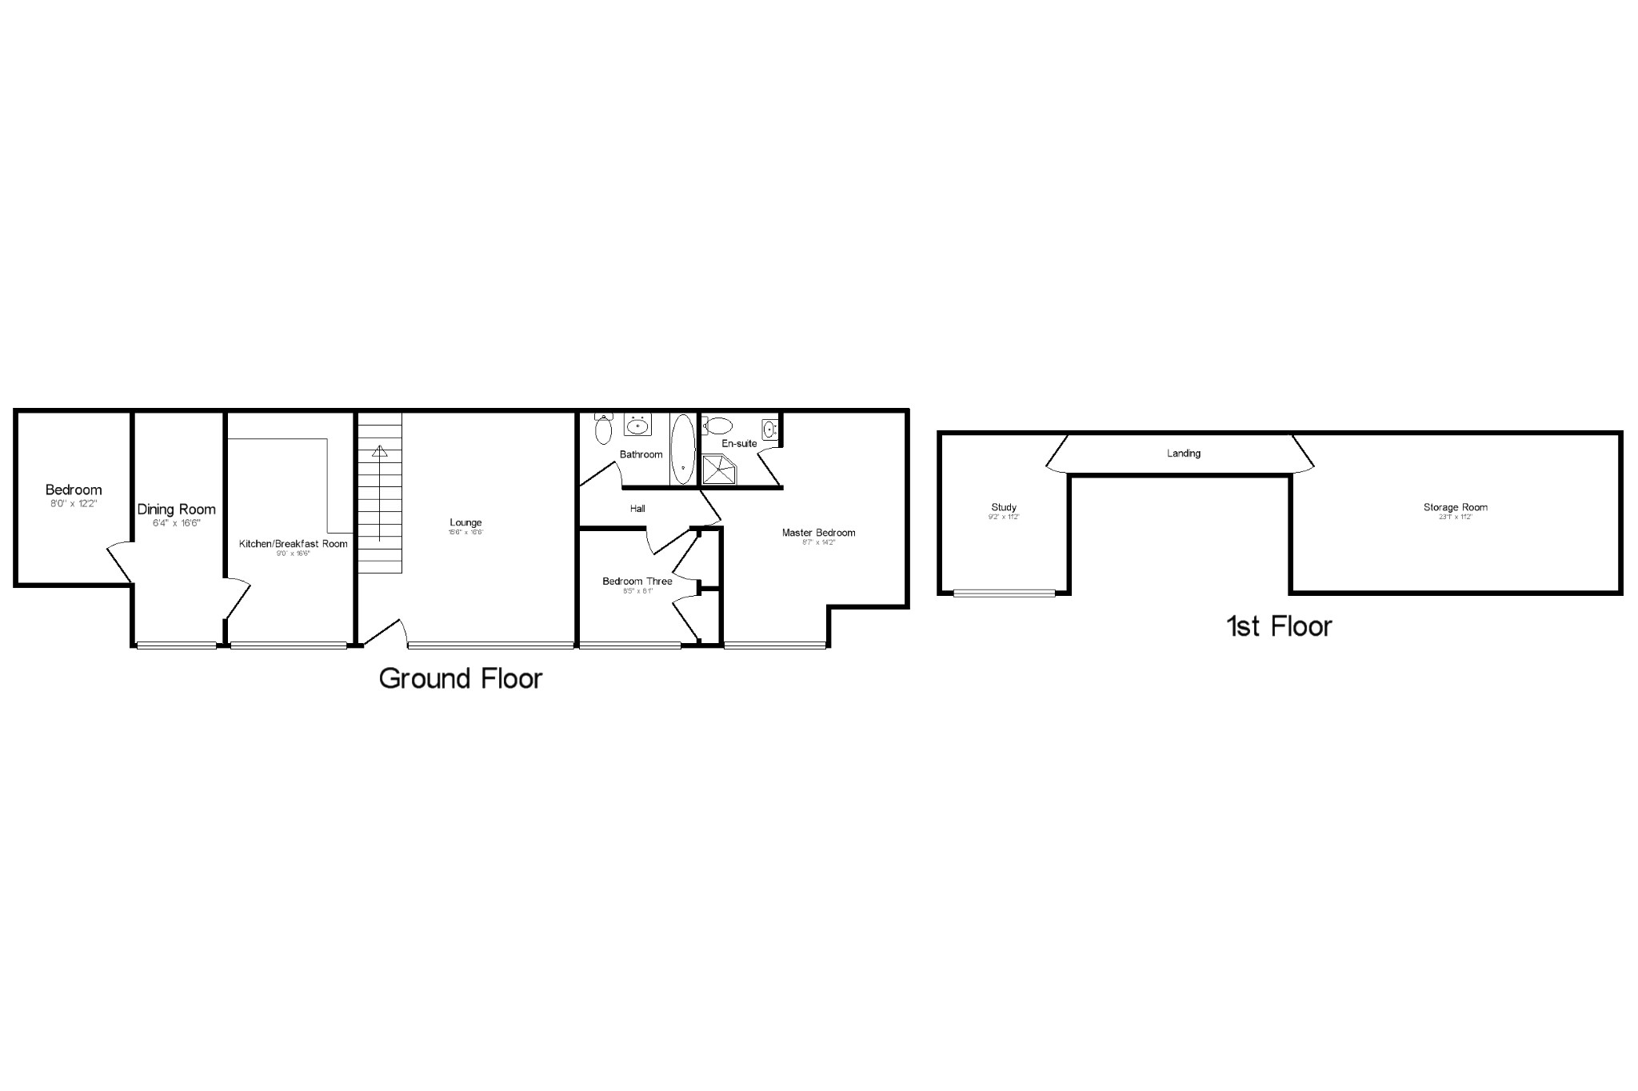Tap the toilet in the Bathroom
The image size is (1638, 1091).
[x=604, y=430]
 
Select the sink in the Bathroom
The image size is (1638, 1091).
[x=637, y=426]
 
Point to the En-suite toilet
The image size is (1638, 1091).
[x=720, y=425]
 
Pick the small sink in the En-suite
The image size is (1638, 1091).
[x=770, y=430]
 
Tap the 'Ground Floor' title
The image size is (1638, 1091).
[x=461, y=678]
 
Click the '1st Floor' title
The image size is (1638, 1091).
[x=1279, y=625]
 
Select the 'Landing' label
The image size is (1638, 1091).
[x=1184, y=454]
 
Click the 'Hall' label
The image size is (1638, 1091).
[x=637, y=509]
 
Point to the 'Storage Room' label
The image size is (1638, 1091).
[x=1456, y=507]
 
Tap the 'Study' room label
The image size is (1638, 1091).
[x=1004, y=507]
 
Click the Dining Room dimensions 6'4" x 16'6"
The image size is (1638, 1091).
[x=176, y=523]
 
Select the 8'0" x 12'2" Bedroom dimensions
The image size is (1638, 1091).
[x=74, y=504]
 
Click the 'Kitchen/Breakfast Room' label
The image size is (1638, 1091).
[x=294, y=544]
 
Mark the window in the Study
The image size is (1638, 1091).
[x=1005, y=593]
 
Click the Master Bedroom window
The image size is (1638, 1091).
[x=774, y=645]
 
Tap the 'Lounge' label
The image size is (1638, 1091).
[x=465, y=523]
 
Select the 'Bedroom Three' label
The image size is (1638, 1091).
[x=637, y=581]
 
